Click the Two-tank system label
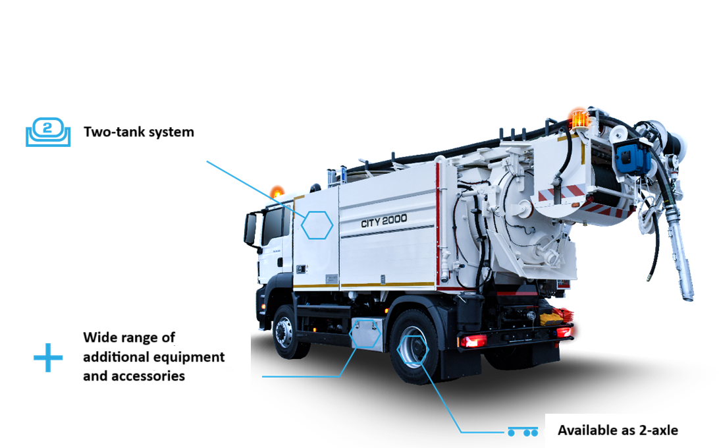138,132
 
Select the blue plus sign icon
48,358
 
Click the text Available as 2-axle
618,431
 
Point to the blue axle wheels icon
523,432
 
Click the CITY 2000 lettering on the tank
384,221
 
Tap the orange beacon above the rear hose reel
579,119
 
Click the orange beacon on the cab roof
277,192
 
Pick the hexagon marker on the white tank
317,225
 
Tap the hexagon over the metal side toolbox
365,334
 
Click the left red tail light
473,341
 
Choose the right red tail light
564,332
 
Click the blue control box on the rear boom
633,157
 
